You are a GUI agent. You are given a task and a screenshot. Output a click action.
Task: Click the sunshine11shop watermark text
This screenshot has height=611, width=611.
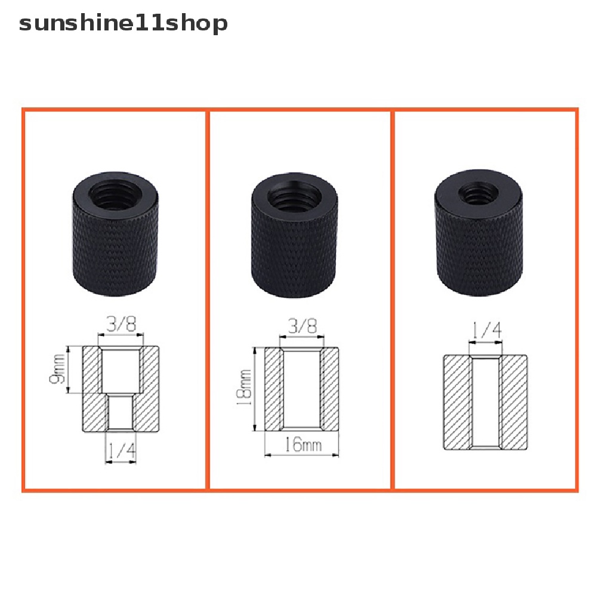[123, 24]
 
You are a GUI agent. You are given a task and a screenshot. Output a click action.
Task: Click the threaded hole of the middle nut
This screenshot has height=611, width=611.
[293, 197]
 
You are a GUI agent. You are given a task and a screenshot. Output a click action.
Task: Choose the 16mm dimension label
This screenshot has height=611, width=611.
[302, 445]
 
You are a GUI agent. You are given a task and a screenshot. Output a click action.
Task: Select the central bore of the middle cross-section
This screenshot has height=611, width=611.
[302, 388]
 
